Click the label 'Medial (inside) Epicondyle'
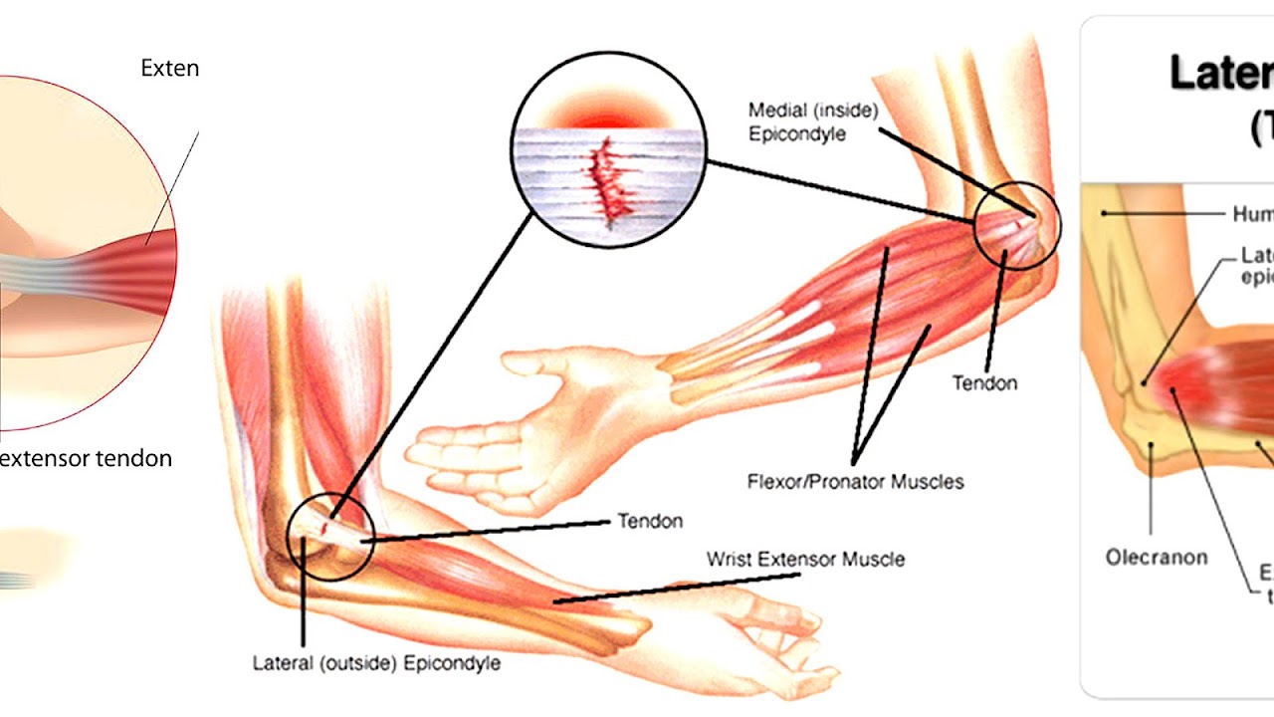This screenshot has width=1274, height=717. [x=812, y=121]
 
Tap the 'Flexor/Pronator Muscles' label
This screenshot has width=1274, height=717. [x=855, y=482]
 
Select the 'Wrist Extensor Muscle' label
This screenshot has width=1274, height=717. [x=805, y=559]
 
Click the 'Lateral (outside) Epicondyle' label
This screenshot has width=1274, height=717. [x=376, y=662]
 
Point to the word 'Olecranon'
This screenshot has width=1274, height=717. [x=1156, y=557]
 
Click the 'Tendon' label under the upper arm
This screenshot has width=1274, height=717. [x=984, y=382]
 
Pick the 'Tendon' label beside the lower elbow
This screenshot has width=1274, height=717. [x=650, y=521]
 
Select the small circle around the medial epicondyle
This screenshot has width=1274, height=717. [x=1017, y=226]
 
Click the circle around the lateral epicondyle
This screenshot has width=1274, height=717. [x=330, y=538]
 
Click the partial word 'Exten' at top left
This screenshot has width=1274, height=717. [x=169, y=69]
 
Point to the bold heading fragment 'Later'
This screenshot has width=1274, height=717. [x=1220, y=74]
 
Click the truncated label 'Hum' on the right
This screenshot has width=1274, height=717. [x=1252, y=214]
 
